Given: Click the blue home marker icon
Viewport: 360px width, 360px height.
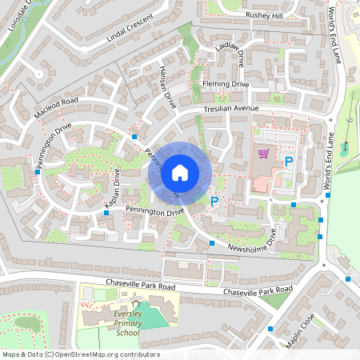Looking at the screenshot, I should point(180,172).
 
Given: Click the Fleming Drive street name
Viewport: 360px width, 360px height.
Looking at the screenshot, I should point(226,84).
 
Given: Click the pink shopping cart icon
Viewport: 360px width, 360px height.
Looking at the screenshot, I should point(262,154).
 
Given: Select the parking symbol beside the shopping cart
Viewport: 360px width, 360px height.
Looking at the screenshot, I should point(289,162).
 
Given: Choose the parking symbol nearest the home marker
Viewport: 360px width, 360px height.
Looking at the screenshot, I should point(214,201).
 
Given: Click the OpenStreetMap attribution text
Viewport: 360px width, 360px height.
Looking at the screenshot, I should point(81,354).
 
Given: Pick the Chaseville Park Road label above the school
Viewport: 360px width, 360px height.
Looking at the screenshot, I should point(140,285).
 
